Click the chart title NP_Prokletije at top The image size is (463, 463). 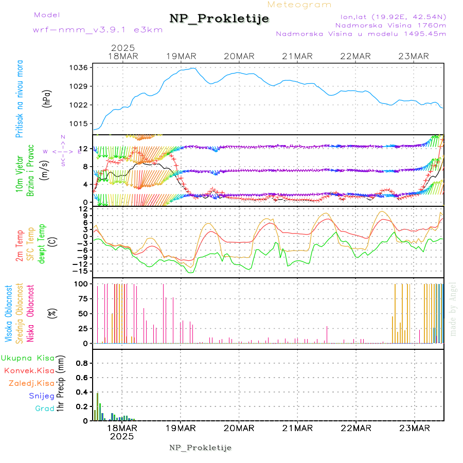tap(219, 19)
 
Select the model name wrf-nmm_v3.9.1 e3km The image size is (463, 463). tap(98, 30)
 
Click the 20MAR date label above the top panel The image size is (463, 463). tap(239, 56)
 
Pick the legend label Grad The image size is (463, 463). tap(45, 408)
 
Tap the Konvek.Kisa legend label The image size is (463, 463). tap(29, 370)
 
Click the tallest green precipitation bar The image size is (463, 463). tap(98, 406)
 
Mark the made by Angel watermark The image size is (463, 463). tap(453, 309)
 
